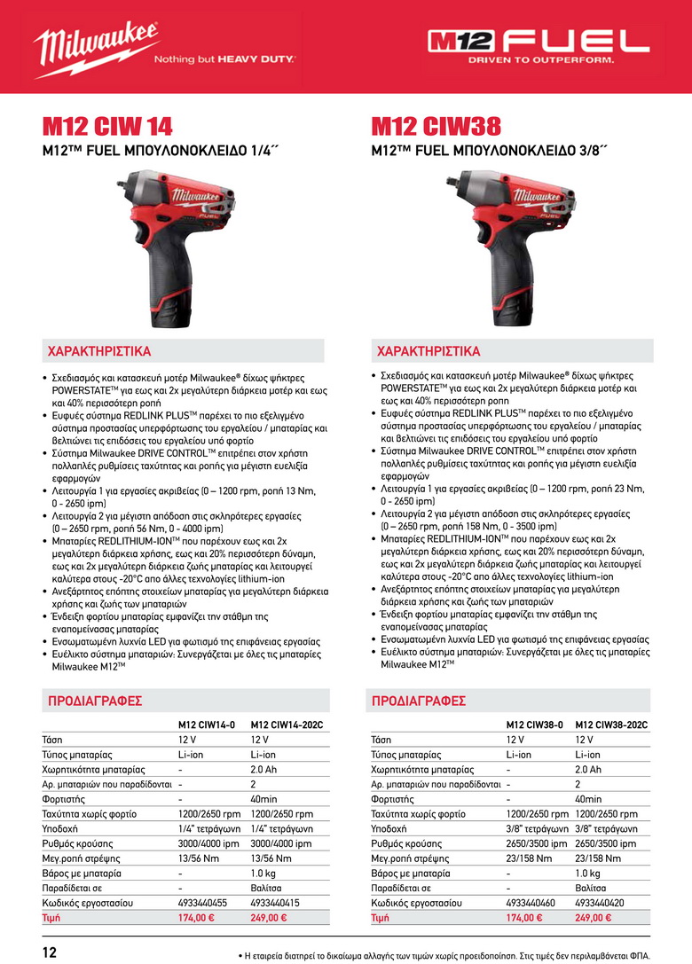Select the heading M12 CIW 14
click(107, 126)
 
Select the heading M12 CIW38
click(436, 126)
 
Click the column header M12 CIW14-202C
click(286, 725)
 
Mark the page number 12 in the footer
click(49, 952)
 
